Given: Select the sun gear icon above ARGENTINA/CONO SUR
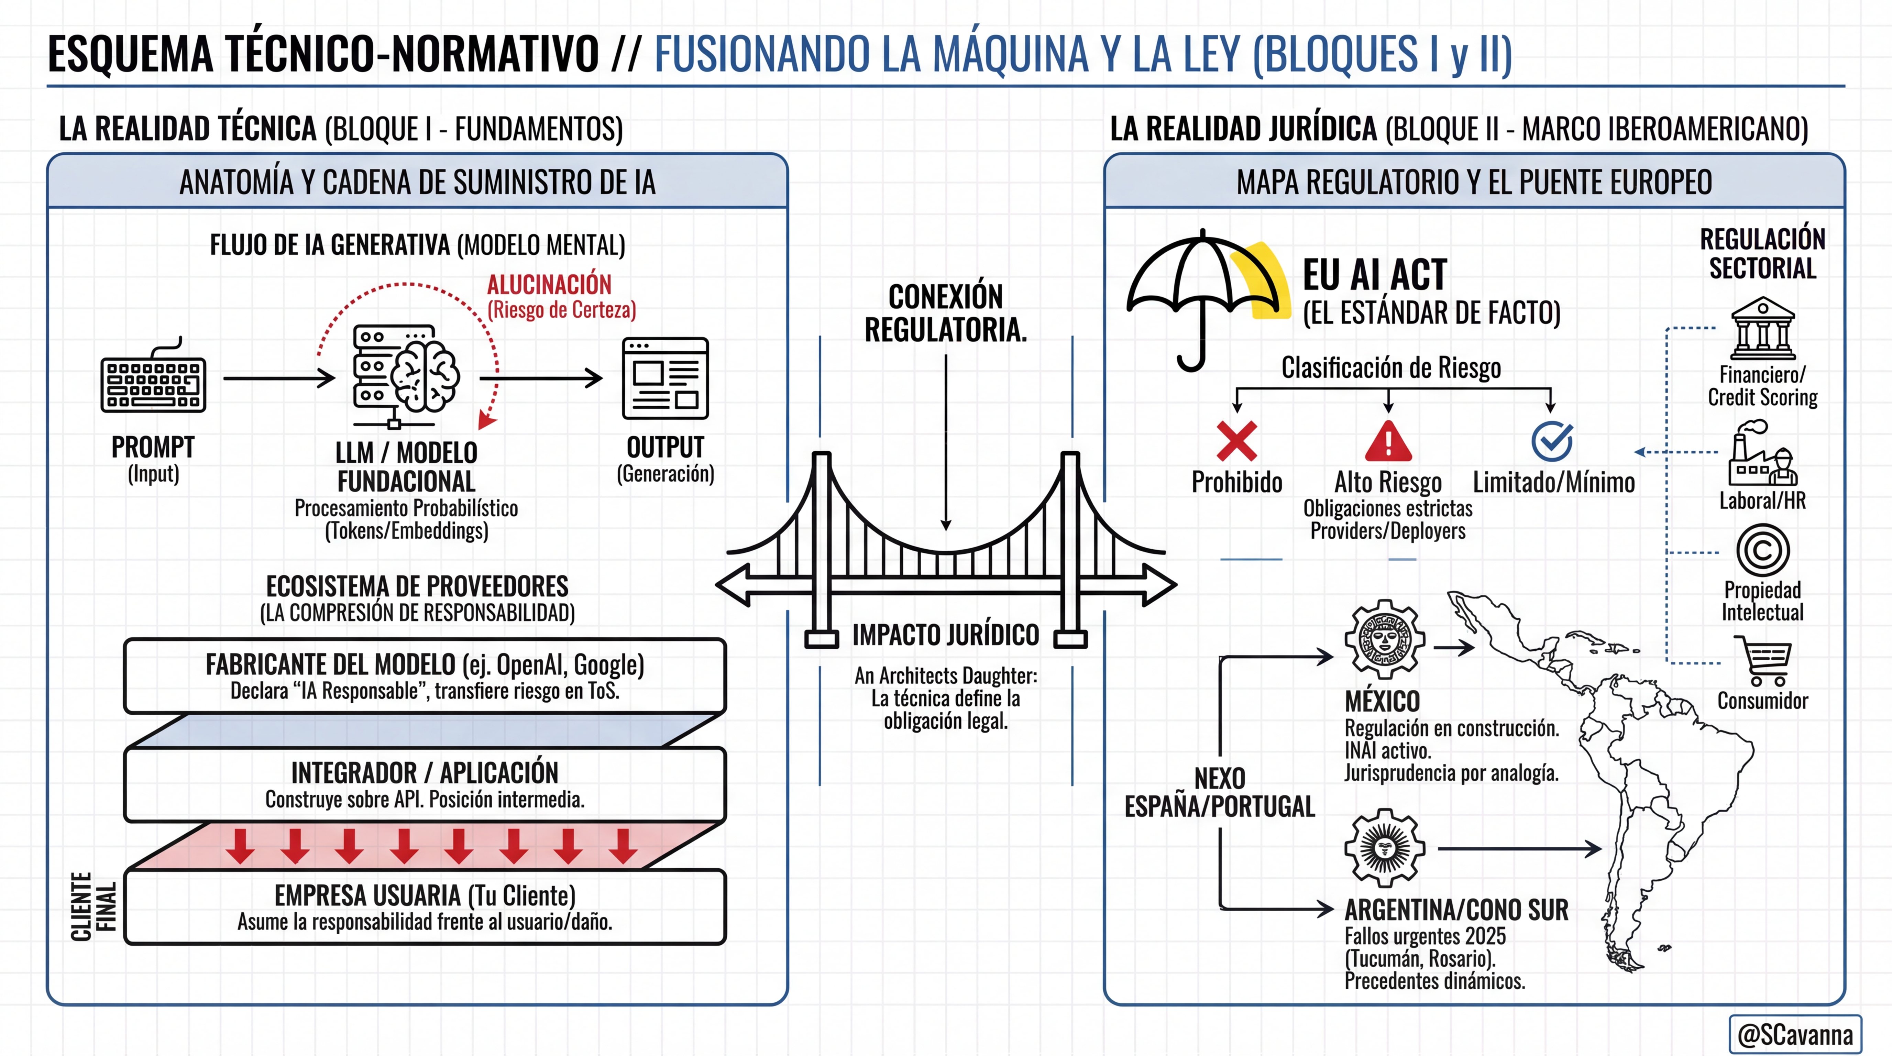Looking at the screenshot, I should point(1385,848).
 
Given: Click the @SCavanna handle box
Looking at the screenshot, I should point(1795,1034).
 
